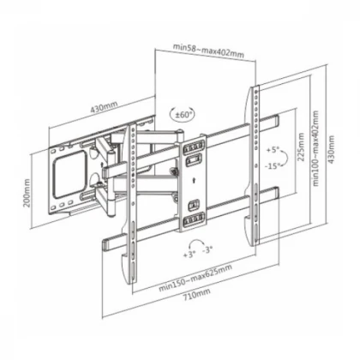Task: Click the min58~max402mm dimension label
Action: (208, 51)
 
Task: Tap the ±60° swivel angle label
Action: (183, 115)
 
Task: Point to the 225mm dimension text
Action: (301, 147)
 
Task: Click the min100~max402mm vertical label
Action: (315, 148)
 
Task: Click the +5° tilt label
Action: (273, 150)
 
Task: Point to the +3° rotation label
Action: (189, 255)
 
